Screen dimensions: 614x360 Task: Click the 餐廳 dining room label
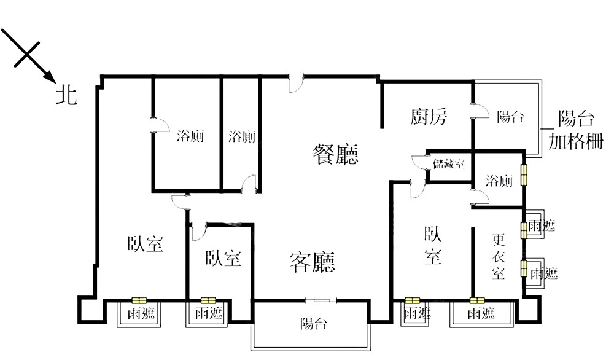pyautogui.click(x=336, y=154)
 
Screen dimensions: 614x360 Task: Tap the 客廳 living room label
pyautogui.click(x=313, y=262)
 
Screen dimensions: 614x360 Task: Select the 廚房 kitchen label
pyautogui.click(x=429, y=116)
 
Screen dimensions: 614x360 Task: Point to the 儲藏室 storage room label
pyautogui.click(x=449, y=163)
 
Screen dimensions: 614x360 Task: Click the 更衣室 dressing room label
pyautogui.click(x=499, y=257)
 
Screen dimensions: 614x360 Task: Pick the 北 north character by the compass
pyautogui.click(x=66, y=95)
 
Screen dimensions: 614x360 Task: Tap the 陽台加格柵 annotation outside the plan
pyautogui.click(x=575, y=130)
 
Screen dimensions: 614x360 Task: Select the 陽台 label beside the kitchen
pyautogui.click(x=510, y=116)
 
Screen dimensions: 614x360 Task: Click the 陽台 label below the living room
pyautogui.click(x=314, y=324)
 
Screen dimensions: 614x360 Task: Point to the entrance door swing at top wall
pyautogui.click(x=297, y=84)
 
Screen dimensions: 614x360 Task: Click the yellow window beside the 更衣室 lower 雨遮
pyautogui.click(x=524, y=268)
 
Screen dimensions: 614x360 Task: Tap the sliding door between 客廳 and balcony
pyautogui.click(x=321, y=300)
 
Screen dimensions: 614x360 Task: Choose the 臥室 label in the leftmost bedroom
pyautogui.click(x=145, y=244)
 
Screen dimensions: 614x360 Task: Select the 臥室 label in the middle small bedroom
pyautogui.click(x=223, y=259)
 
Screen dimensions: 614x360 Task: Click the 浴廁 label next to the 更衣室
pyautogui.click(x=499, y=181)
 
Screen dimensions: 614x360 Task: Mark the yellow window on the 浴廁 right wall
pyautogui.click(x=524, y=174)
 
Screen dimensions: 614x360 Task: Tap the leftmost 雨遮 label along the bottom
pyautogui.click(x=141, y=313)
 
